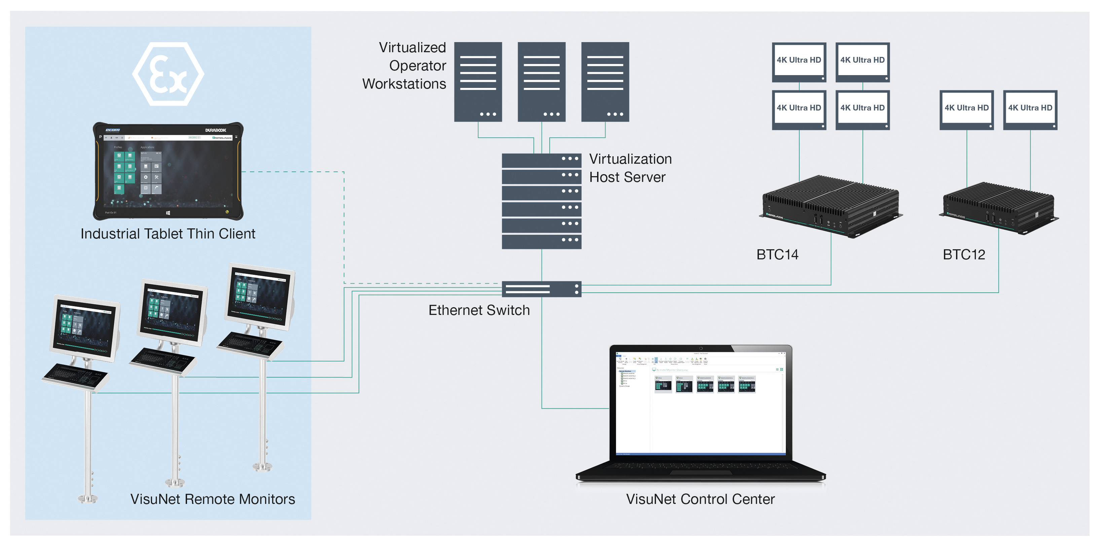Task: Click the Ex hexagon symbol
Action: [168, 74]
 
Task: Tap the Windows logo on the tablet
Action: [168, 213]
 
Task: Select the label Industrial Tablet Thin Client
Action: [168, 234]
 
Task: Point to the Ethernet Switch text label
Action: [479, 310]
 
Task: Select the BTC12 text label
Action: [964, 255]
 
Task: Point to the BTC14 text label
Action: [777, 255]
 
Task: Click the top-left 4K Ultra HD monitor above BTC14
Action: [799, 61]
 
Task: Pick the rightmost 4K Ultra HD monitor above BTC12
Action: [1030, 109]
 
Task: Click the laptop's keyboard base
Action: [700, 470]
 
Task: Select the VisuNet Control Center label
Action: [700, 499]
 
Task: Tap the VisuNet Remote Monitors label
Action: [212, 499]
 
